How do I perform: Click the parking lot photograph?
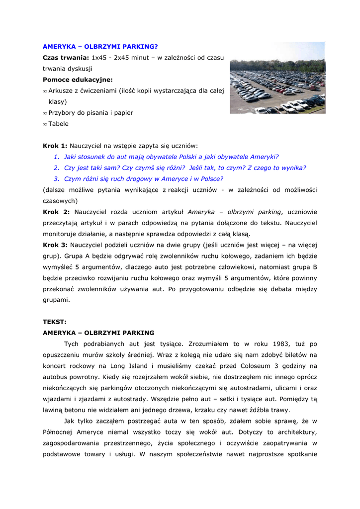[x=277, y=78]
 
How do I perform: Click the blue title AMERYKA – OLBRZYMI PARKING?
[x=100, y=47]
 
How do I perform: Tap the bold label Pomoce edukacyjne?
[x=78, y=80]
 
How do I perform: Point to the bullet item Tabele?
[x=58, y=124]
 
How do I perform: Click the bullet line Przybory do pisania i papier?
[x=90, y=113]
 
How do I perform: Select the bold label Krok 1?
[x=55, y=146]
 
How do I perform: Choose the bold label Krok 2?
[x=56, y=212]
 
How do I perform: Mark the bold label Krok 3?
[x=55, y=245]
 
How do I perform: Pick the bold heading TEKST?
[x=54, y=322]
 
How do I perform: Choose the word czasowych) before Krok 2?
[x=60, y=201]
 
